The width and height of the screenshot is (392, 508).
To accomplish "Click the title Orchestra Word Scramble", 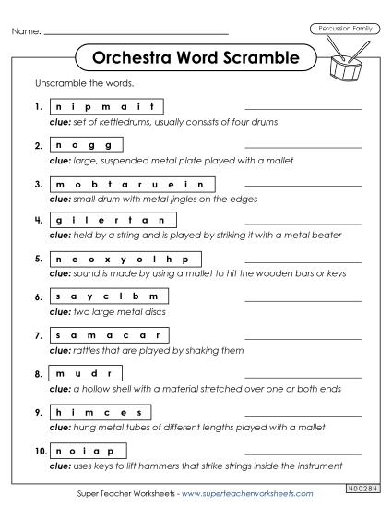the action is coord(196,58).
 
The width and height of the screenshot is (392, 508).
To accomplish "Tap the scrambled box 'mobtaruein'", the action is coord(129,184).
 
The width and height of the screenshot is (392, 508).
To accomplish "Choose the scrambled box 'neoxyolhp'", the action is coord(124,260).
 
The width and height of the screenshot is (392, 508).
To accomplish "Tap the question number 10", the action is coord(36,450).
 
